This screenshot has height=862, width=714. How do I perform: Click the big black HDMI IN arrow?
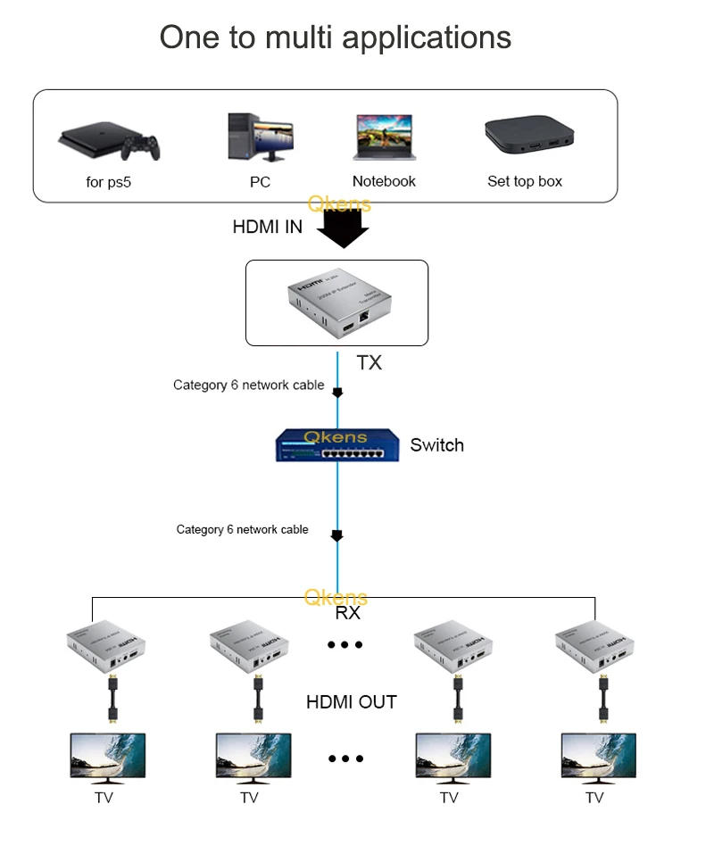tap(343, 229)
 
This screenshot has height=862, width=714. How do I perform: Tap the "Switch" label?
tap(436, 445)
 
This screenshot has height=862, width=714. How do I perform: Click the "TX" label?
tap(369, 363)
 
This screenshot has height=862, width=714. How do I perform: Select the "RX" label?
tap(347, 614)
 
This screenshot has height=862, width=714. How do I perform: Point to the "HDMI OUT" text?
tap(351, 702)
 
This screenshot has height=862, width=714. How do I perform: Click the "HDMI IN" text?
tap(267, 227)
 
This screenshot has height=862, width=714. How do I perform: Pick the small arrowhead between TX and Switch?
tap(337, 393)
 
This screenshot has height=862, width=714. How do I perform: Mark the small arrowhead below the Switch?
tap(337, 536)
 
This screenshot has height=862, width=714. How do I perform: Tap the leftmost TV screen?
tap(108, 757)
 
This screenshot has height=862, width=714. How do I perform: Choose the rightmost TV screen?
tap(598, 757)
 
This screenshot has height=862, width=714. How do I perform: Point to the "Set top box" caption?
tap(525, 181)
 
